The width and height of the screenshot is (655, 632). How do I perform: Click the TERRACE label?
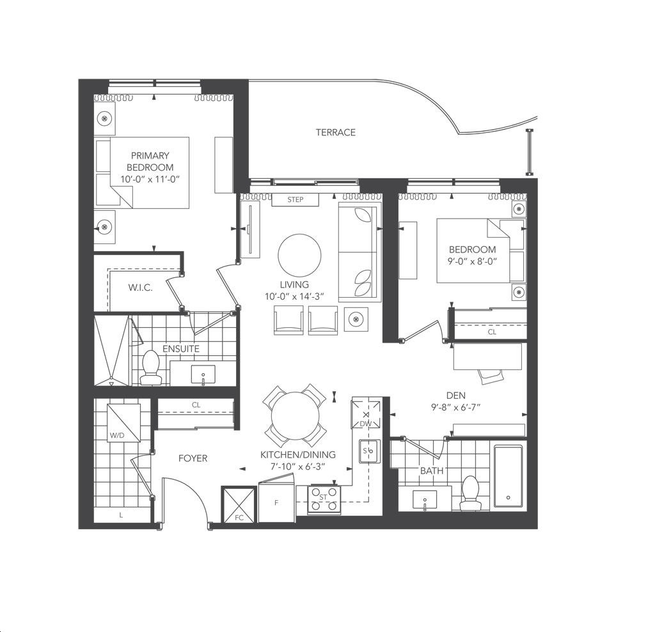(335, 132)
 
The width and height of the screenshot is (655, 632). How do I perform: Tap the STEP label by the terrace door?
(296, 199)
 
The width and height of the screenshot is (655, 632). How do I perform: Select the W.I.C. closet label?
(140, 288)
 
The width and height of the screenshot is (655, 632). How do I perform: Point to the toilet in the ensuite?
(151, 367)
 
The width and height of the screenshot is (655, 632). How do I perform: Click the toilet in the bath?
(471, 493)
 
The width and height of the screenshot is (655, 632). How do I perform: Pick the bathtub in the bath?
(508, 475)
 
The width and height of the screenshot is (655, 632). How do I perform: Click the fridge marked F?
(277, 501)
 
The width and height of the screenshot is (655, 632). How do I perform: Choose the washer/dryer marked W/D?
(123, 422)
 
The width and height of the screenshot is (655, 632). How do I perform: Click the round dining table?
(296, 416)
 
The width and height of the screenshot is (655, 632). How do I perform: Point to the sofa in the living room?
(359, 252)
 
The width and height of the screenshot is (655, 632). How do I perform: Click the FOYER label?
(193, 458)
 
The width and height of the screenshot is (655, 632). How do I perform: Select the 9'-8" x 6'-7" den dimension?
(455, 407)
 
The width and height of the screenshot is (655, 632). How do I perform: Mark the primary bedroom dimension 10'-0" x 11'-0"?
(150, 179)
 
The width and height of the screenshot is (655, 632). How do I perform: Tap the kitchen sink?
(370, 451)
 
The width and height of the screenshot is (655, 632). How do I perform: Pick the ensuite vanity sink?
(203, 374)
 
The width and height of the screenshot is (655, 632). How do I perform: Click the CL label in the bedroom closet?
(492, 332)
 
